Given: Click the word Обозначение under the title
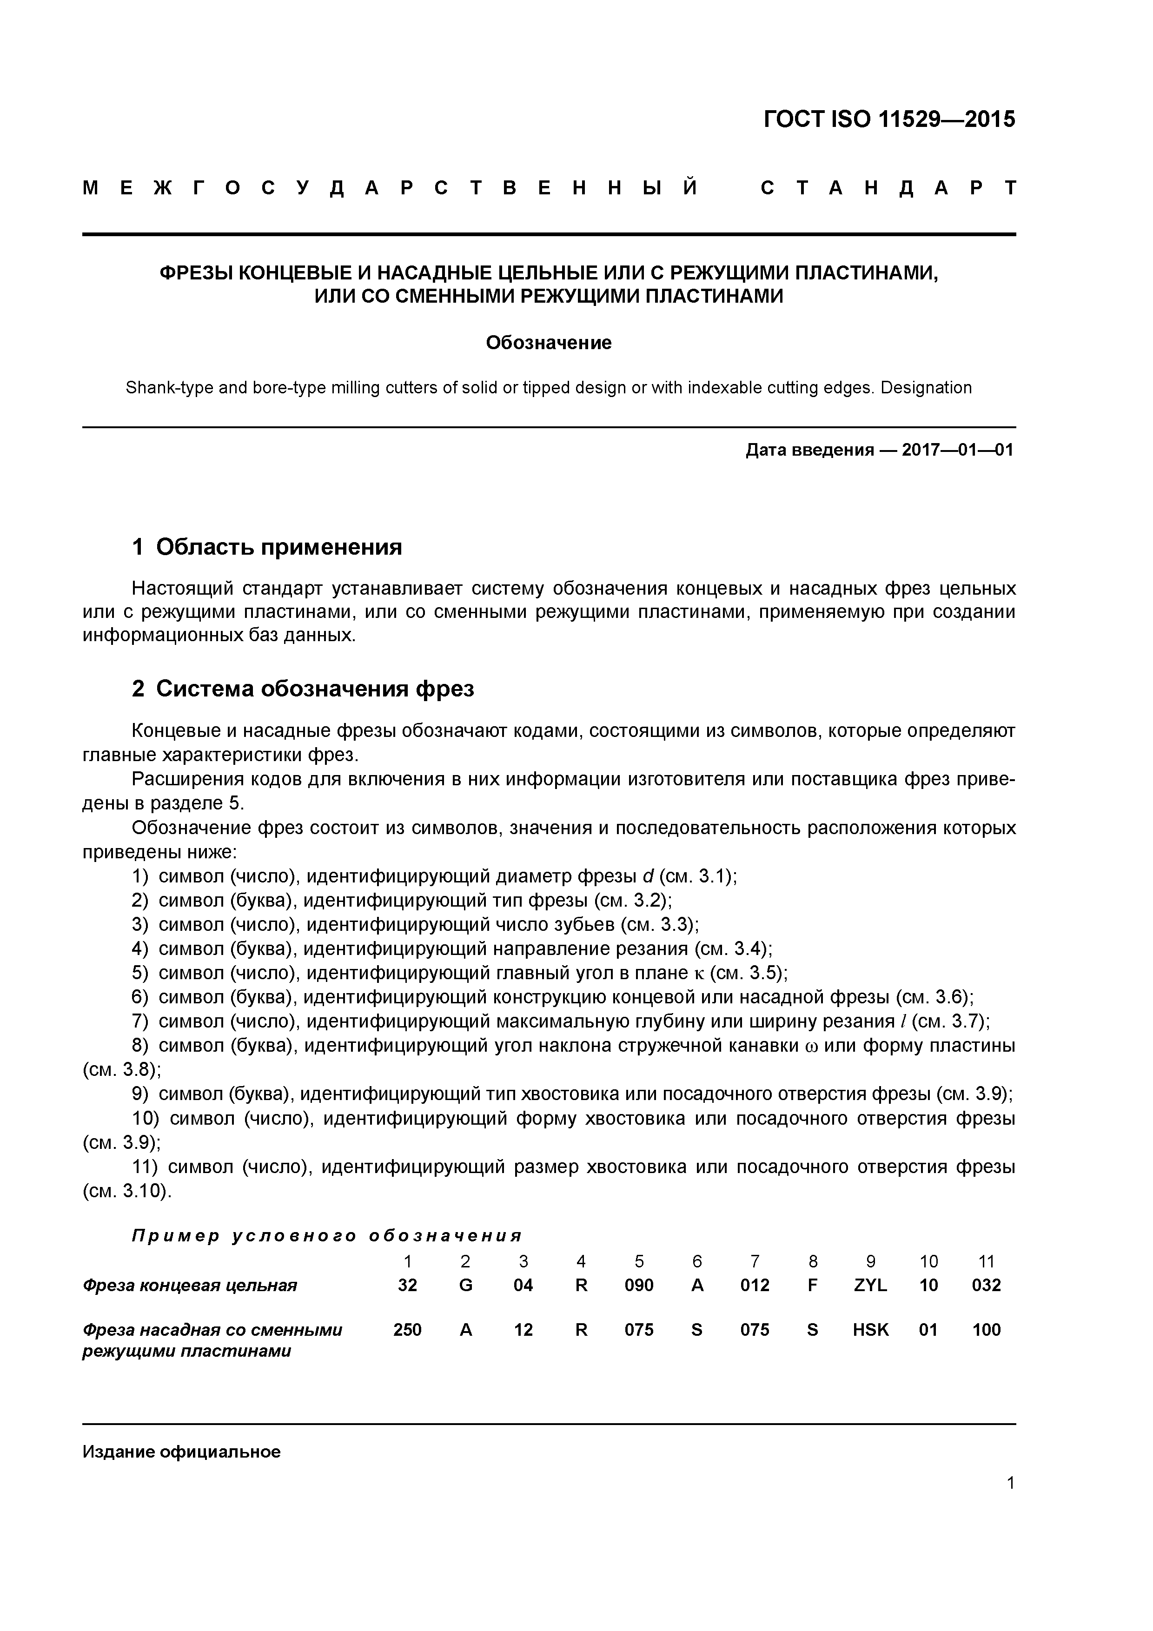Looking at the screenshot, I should tap(549, 343).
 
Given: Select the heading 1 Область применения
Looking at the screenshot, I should tap(267, 547).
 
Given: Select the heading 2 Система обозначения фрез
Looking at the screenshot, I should tap(303, 689).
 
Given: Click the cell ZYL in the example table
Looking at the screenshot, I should tap(870, 1285).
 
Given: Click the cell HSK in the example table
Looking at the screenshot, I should tap(870, 1330).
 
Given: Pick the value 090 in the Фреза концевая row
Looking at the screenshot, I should tap(639, 1285).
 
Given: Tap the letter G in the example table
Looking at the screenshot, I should tap(465, 1285).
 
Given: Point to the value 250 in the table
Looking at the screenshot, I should tap(407, 1330).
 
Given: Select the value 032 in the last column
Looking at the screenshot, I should tap(986, 1285).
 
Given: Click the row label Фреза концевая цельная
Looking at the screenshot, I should tap(190, 1285).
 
